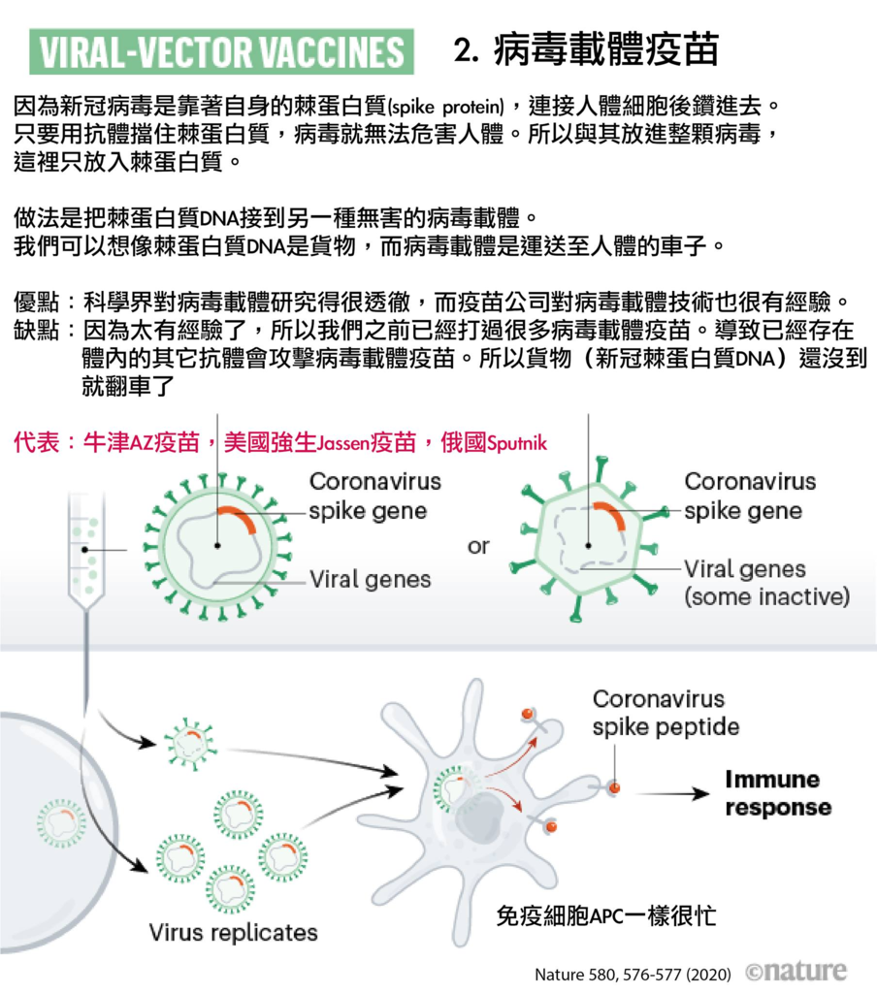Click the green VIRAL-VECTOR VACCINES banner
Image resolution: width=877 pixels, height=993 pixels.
pos(221,51)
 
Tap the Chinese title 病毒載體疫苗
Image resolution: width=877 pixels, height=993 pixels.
pos(606,50)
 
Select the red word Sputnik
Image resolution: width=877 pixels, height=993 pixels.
pos(516,442)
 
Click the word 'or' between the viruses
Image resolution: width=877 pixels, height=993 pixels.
pos(478,546)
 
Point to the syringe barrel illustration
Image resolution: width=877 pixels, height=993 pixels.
pos(86,551)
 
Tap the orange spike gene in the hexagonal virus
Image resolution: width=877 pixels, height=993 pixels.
pos(611,514)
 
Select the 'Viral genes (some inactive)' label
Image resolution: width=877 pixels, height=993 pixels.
pos(766,583)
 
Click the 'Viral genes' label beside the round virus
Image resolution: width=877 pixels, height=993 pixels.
pos(370,579)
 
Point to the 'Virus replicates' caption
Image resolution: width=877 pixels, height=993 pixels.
pos(233,932)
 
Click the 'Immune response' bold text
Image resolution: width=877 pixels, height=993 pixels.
pos(777,793)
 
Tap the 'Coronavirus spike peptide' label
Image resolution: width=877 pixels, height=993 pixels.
pos(666,713)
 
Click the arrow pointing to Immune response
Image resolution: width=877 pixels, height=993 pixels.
pos(673,793)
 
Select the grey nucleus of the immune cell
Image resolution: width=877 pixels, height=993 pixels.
pos(479,817)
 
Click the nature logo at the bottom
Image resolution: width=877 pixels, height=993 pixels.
pos(796,971)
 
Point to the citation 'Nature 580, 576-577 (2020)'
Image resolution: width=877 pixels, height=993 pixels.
pos(633,974)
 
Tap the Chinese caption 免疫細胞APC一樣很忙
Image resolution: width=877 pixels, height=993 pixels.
pos(606,915)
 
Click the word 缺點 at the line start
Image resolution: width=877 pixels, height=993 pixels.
pos(36,330)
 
